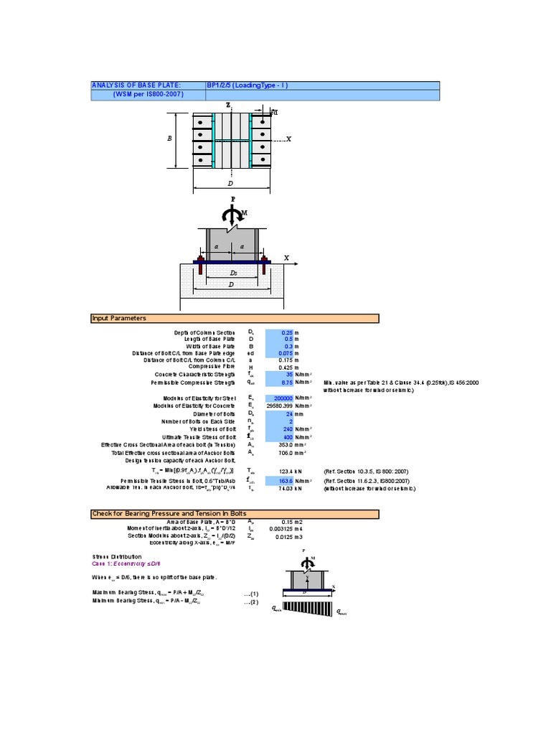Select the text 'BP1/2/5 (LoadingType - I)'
pyautogui.click(x=247, y=85)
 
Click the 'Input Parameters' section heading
pyautogui.click(x=119, y=318)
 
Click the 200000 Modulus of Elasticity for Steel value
pyautogui.click(x=281, y=398)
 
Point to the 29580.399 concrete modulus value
pyautogui.click(x=281, y=406)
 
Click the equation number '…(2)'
pyautogui.click(x=250, y=601)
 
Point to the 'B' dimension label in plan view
pyautogui.click(x=170, y=139)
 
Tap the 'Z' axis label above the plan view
pyautogui.click(x=228, y=105)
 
